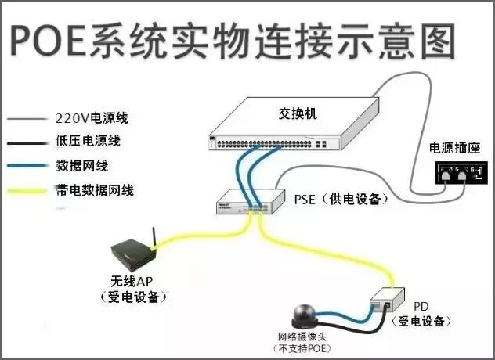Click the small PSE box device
pyautogui.click(x=249, y=201)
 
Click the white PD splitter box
pyautogui.click(x=387, y=300)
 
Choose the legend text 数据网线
pyautogui.click(x=81, y=166)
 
